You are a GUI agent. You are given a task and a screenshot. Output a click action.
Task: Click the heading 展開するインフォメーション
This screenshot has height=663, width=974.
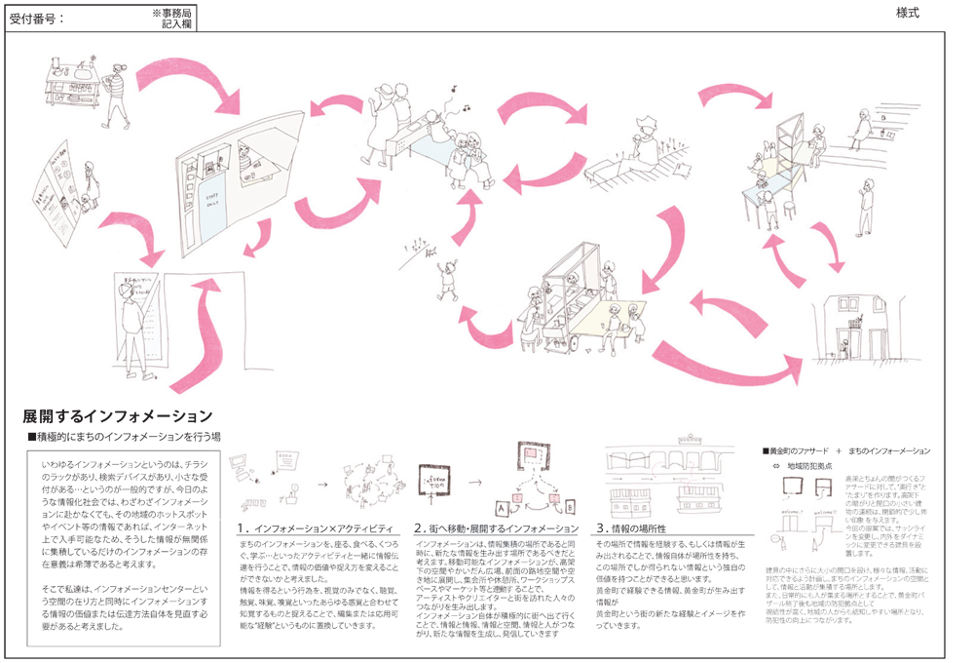click(117, 416)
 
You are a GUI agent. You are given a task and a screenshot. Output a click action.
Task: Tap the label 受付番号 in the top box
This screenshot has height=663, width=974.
click(34, 17)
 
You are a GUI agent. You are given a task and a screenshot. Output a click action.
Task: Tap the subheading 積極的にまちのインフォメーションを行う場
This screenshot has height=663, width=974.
click(124, 436)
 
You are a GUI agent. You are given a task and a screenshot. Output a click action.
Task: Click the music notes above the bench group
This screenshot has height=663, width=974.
click(457, 98)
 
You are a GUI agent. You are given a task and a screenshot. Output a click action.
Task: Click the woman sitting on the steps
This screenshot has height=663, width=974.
click(861, 127)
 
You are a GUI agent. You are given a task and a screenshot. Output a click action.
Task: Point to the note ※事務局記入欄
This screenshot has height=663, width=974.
click(173, 17)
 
